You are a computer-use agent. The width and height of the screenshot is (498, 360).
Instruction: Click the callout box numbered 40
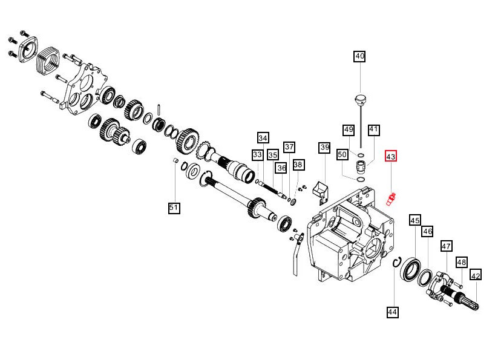tap(359, 56)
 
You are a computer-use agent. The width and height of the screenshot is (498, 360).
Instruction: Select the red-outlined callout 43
tap(391, 156)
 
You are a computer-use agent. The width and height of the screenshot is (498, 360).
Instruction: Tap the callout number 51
tap(174, 208)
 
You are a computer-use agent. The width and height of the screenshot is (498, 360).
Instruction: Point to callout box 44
tap(393, 312)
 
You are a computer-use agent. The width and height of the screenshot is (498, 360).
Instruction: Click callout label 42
tap(476, 276)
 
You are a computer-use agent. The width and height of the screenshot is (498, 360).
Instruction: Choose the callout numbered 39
tap(324, 148)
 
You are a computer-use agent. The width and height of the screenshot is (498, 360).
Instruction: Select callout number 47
tap(447, 246)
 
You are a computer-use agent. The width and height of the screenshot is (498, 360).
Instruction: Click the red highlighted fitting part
tap(391, 198)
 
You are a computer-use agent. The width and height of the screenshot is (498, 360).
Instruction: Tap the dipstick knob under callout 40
tap(359, 98)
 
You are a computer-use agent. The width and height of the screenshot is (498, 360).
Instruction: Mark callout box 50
tap(342, 155)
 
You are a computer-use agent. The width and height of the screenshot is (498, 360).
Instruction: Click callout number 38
tap(298, 164)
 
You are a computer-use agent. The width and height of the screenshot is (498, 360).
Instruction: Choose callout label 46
tap(427, 232)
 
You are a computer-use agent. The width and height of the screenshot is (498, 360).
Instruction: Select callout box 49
tap(348, 129)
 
